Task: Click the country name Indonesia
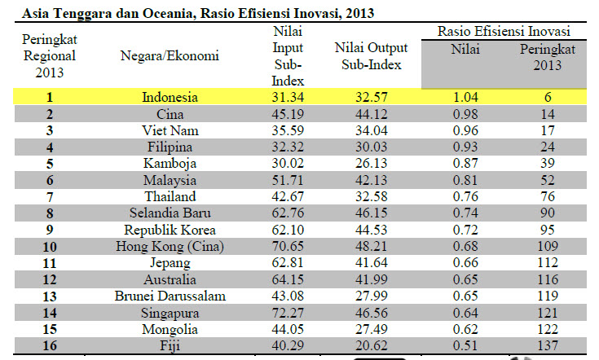tap(170, 97)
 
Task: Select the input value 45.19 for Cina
tap(288, 113)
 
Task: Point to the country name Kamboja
tap(170, 163)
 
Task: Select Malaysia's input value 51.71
tap(288, 179)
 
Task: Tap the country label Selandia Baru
tap(170, 213)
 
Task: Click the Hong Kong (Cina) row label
tap(170, 245)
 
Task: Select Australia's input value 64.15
tap(288, 279)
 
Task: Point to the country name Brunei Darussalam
tap(170, 295)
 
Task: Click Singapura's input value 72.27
tap(288, 312)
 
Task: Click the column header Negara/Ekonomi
tap(170, 56)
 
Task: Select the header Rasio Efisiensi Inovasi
tap(503, 31)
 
